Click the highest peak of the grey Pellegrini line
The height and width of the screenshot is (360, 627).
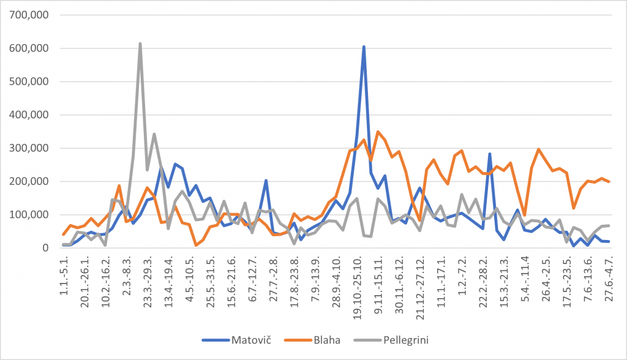140,44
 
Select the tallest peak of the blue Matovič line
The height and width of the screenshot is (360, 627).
364,47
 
